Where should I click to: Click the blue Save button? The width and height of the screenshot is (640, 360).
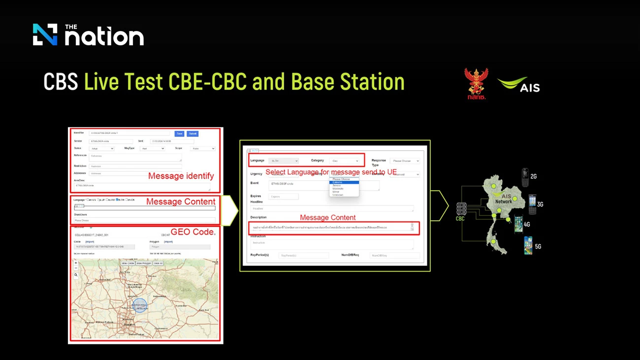click(179, 133)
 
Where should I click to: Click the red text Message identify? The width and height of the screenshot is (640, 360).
click(181, 176)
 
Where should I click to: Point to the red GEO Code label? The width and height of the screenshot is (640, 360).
click(192, 231)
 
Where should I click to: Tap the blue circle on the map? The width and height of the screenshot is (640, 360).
click(140, 305)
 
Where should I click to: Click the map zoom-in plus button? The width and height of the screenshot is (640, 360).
click(76, 263)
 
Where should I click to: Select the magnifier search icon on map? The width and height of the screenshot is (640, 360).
click(76, 275)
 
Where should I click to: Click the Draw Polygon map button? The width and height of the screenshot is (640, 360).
click(143, 263)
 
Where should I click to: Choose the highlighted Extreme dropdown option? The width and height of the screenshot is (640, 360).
click(344, 182)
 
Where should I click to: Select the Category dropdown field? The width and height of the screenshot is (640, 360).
click(344, 161)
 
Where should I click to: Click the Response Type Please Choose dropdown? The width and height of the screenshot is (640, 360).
click(404, 161)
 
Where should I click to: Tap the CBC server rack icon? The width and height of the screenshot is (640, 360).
click(460, 209)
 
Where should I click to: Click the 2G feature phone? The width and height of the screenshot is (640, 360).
click(525, 175)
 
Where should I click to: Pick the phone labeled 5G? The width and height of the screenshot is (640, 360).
click(528, 245)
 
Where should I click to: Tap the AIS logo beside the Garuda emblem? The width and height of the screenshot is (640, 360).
click(519, 85)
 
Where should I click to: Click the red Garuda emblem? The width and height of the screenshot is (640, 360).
click(476, 82)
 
